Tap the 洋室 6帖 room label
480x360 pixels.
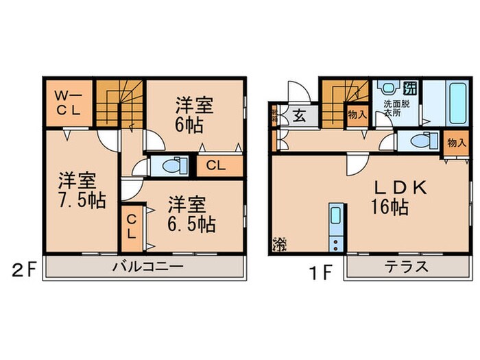[x=195, y=115]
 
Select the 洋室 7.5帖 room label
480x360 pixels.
[x=77, y=191]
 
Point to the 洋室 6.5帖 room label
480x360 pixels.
[x=192, y=214]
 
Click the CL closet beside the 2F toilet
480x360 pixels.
[x=215, y=165]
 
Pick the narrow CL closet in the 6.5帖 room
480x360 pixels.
[x=132, y=225]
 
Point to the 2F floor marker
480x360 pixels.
[x=22, y=268]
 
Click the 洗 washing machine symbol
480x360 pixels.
[x=410, y=88]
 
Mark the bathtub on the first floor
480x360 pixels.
[x=456, y=101]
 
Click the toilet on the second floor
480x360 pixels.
[x=171, y=165]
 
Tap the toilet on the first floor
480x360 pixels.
[x=418, y=141]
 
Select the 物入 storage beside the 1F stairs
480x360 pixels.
[x=357, y=115]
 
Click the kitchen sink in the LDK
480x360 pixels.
[x=335, y=219]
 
